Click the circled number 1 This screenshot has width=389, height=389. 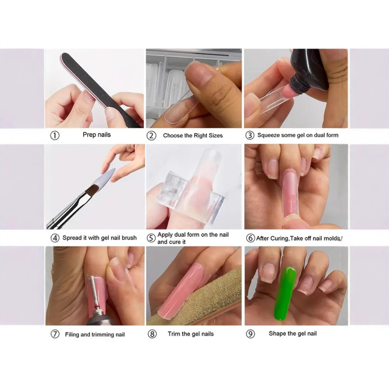(x=55, y=136)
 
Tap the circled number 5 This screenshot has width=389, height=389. (x=151, y=238)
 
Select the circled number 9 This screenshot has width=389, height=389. (x=250, y=334)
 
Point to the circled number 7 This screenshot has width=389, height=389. (x=55, y=334)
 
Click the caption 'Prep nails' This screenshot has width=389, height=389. (x=97, y=135)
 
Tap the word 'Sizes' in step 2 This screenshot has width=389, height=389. (x=215, y=136)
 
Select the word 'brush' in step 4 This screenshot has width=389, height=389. (x=129, y=238)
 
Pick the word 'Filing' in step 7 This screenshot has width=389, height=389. (x=71, y=335)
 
